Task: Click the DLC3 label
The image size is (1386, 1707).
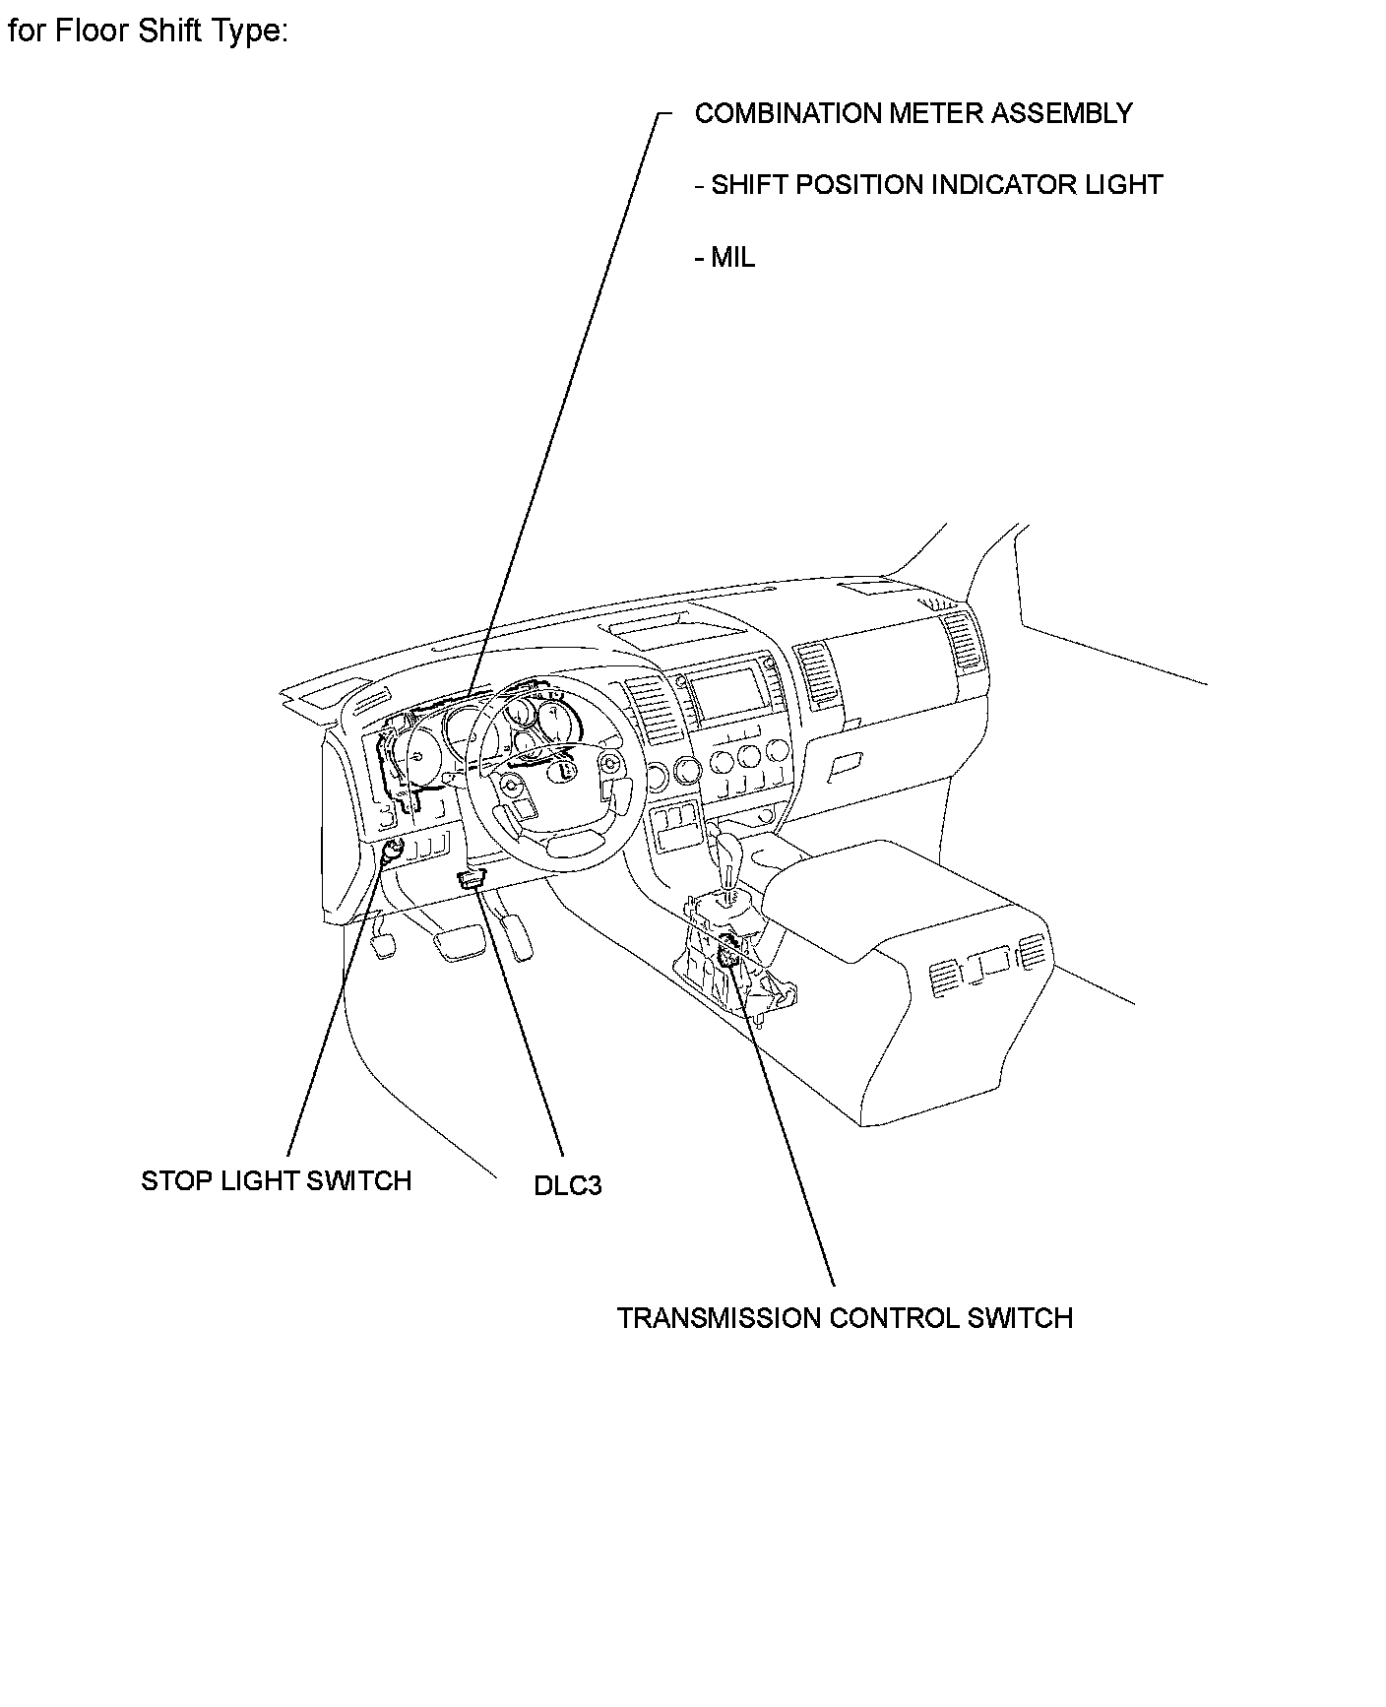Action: click(x=567, y=1185)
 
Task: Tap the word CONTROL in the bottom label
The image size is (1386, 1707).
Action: click(x=894, y=1318)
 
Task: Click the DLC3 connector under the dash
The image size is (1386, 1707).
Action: click(x=472, y=879)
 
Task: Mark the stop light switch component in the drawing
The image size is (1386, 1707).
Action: click(x=392, y=853)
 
